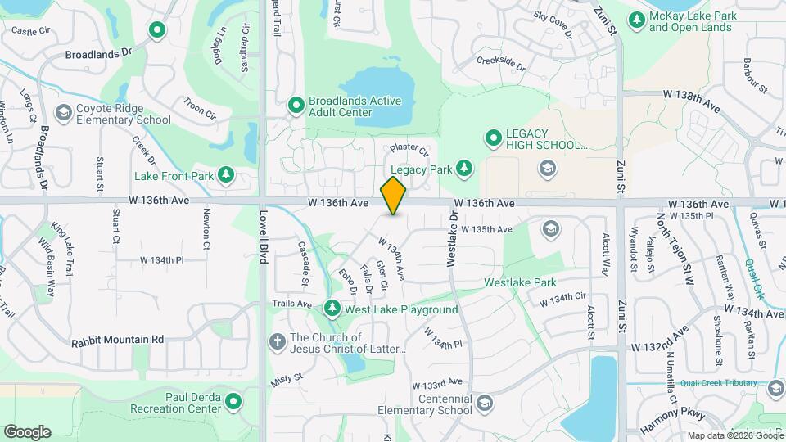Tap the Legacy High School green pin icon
[492, 138]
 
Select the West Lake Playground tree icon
[332, 309]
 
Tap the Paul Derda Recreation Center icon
[233, 402]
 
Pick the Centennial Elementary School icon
[485, 403]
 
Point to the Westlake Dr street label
[451, 239]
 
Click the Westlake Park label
[520, 282]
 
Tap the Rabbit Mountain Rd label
[117, 339]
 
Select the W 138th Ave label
[691, 95]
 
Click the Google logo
[27, 431]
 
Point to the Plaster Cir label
[409, 150]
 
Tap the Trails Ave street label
[292, 304]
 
